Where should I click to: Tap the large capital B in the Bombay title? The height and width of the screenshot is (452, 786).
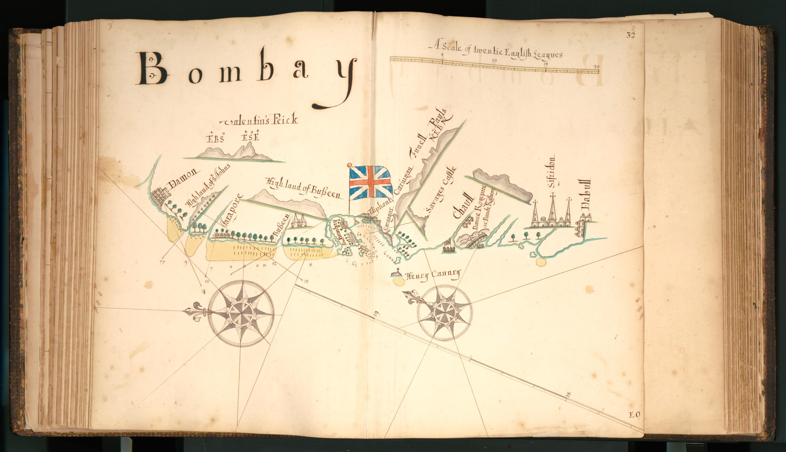[154, 69]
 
